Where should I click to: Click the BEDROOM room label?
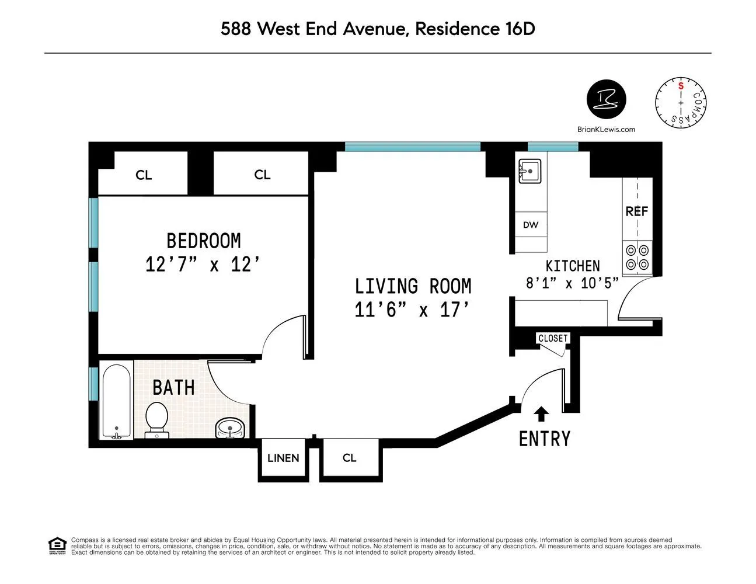pyautogui.click(x=203, y=241)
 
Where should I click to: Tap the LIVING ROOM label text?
pyautogui.click(x=413, y=286)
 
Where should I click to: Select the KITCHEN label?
pyautogui.click(x=572, y=266)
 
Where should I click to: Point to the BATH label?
pyautogui.click(x=173, y=387)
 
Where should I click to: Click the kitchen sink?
pyautogui.click(x=529, y=171)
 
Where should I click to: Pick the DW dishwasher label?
pyautogui.click(x=531, y=225)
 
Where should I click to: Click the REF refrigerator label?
pyautogui.click(x=636, y=211)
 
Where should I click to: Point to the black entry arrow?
pyautogui.click(x=542, y=413)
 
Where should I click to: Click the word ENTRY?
pyautogui.click(x=545, y=439)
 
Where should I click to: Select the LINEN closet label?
pyautogui.click(x=283, y=458)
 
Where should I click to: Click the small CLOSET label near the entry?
pyautogui.click(x=552, y=338)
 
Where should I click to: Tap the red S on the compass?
pyautogui.click(x=680, y=86)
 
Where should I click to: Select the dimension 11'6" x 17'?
pyautogui.click(x=412, y=310)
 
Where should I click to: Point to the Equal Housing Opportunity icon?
pyautogui.click(x=57, y=546)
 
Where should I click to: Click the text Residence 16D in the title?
pyautogui.click(x=475, y=29)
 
